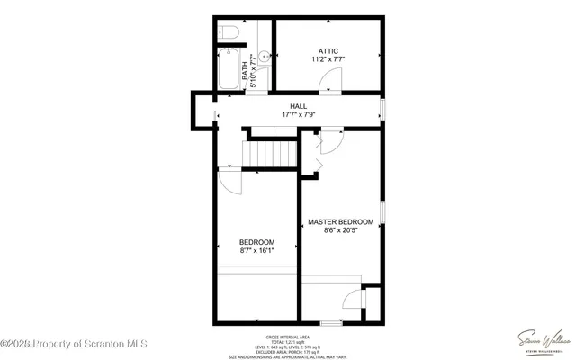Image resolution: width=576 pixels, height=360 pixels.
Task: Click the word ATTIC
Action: point(328,50)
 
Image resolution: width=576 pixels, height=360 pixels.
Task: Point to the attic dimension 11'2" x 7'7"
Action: point(328,59)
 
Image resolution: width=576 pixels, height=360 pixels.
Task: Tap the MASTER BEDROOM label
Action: point(340,221)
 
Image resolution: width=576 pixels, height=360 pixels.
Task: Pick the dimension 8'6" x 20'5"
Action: point(340,230)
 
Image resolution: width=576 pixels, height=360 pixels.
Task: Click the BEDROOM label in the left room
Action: point(256,242)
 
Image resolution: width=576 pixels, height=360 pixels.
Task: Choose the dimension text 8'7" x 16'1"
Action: point(256,251)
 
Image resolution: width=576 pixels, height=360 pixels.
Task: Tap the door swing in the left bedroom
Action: point(229,180)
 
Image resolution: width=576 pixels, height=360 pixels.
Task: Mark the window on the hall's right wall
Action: point(384,111)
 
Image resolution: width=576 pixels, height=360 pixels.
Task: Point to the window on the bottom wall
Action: point(332,322)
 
